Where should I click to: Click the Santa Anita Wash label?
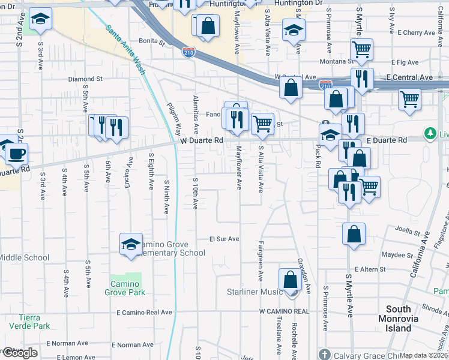125,50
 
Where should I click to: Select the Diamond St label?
85,79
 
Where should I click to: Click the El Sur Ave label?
224,239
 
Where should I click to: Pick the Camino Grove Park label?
127,287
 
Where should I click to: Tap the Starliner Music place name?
254,292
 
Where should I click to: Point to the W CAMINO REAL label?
284,311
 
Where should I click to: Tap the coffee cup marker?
16,153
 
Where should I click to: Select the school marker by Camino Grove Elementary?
131,244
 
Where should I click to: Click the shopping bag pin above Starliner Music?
290,280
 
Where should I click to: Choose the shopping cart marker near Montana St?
361,50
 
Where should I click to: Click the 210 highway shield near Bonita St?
188,53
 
